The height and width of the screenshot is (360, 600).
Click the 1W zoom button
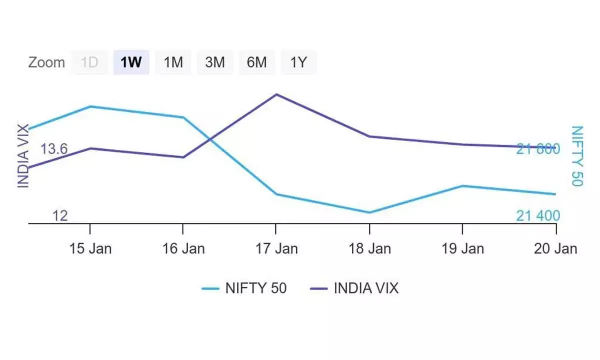tap(131, 62)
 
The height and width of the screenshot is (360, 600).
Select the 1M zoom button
tap(173, 62)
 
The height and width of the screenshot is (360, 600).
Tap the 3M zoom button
tap(215, 62)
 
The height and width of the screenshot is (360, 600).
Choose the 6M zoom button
tap(256, 62)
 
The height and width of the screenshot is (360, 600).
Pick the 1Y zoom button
tap(298, 62)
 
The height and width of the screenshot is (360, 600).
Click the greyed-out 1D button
tap(89, 62)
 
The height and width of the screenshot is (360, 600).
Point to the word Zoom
tap(46, 62)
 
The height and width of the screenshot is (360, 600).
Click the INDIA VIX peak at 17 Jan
tap(276, 94)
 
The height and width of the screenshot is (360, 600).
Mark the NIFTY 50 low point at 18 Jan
tap(369, 212)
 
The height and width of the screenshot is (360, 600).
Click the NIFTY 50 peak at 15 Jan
tap(90, 106)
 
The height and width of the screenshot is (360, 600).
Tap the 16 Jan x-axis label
tap(183, 248)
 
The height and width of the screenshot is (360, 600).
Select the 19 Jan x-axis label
tap(462, 248)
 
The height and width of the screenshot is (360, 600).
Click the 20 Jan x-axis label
tap(555, 248)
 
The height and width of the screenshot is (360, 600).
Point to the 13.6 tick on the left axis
tap(54, 149)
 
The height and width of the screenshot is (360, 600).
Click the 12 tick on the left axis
tap(60, 215)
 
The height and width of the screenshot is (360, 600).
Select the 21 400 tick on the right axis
tap(538, 215)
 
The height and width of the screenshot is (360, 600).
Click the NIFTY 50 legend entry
tap(244, 288)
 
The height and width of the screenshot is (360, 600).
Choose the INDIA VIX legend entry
tap(354, 288)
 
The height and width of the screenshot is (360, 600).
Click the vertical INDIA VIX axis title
tap(23, 156)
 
